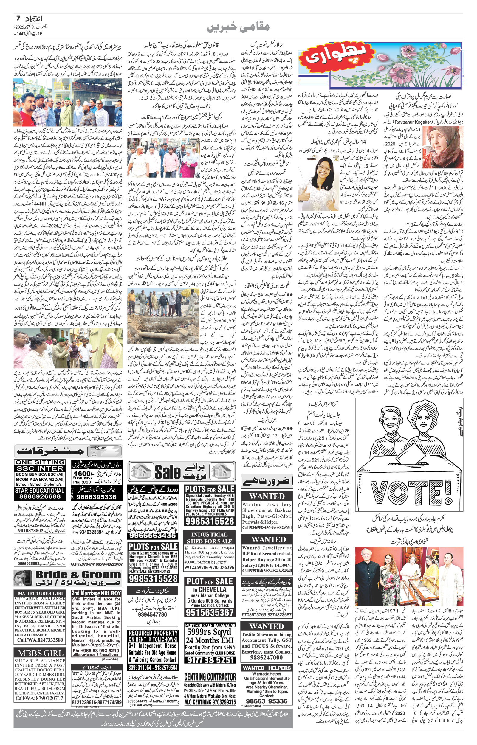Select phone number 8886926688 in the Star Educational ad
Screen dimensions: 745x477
(40, 496)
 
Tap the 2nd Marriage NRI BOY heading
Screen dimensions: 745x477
(96, 593)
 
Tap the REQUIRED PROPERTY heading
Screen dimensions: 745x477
(153, 633)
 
